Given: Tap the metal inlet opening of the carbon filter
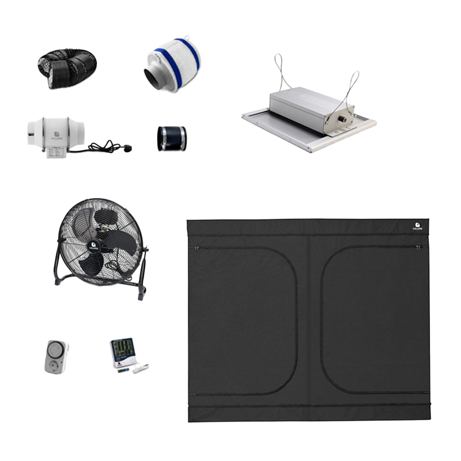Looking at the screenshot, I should (x=155, y=78).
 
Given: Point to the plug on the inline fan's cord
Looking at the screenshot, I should (x=127, y=148).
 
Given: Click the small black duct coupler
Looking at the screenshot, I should (x=171, y=138).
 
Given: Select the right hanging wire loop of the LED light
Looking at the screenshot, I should (x=352, y=84).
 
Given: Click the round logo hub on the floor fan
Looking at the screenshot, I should (x=93, y=244).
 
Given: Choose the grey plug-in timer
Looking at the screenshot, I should (x=56, y=357).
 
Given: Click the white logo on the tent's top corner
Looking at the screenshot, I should (x=418, y=226).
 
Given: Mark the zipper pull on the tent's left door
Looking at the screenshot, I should (x=197, y=248).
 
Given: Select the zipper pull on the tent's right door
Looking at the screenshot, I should (x=418, y=247).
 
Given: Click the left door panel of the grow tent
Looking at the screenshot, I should (x=245, y=317).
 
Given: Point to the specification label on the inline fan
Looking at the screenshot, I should (x=56, y=152).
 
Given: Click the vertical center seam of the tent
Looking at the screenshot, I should (x=309, y=317).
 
